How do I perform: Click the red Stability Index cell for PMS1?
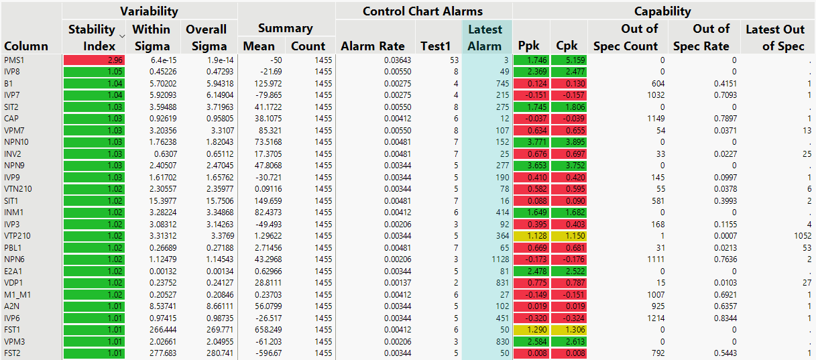tap(94, 60)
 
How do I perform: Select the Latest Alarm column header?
tap(485, 38)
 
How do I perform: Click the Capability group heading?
tap(662, 11)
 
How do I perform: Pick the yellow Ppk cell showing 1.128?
tap(531, 236)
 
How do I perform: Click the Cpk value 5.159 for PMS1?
tap(569, 60)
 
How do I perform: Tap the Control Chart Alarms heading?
tap(422, 11)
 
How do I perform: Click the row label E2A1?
tap(14, 271)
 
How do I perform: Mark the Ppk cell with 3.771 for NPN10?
tap(531, 142)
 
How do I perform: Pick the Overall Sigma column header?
tap(207, 38)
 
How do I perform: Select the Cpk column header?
tap(568, 46)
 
